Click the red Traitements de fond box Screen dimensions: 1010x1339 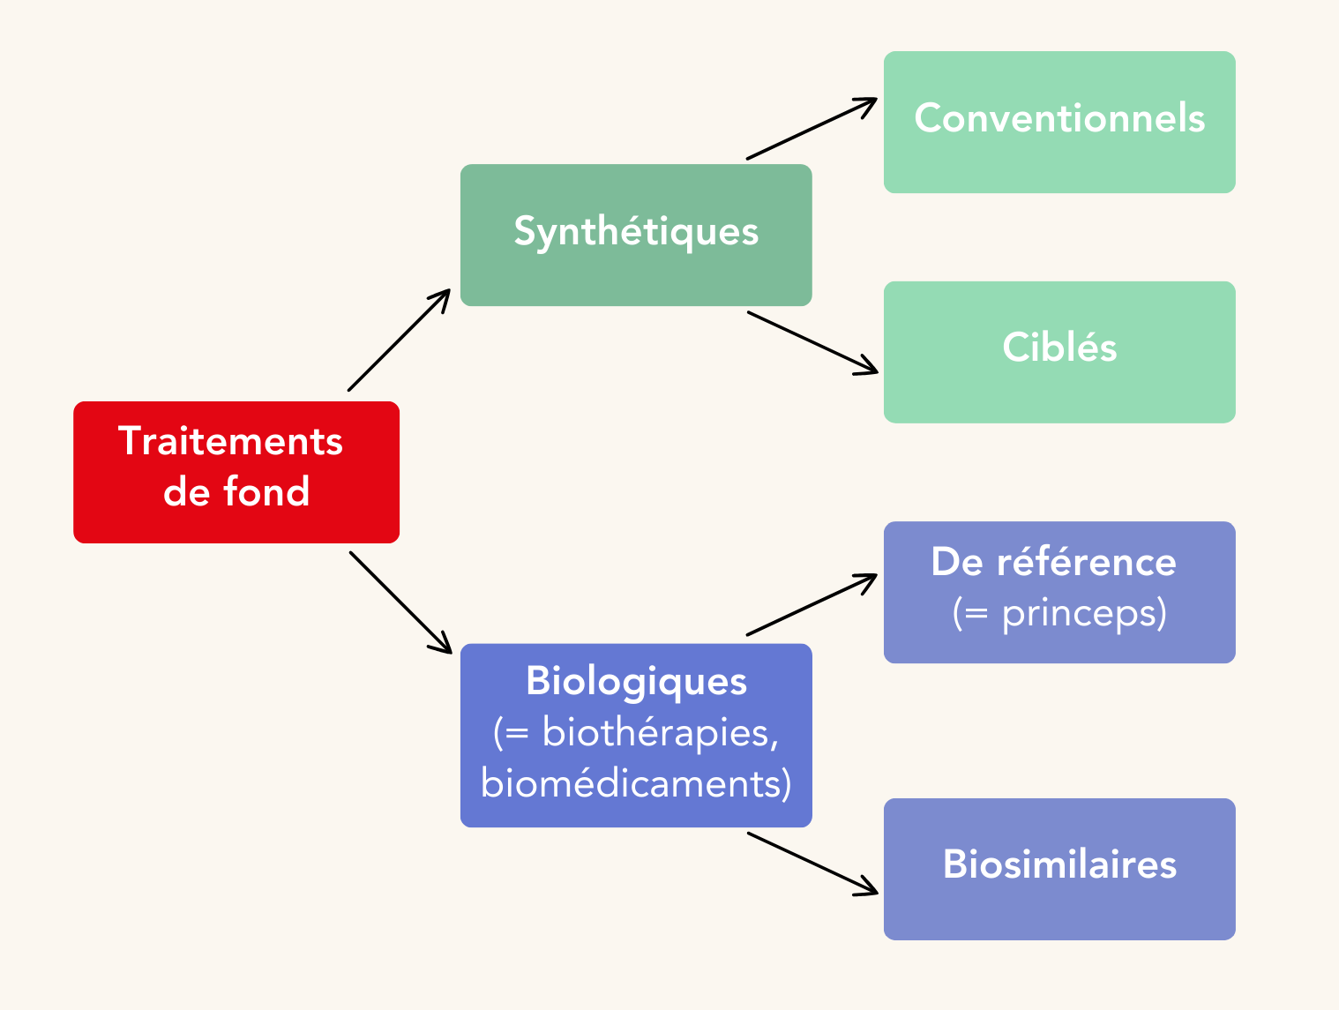236,472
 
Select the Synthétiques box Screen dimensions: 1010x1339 636,235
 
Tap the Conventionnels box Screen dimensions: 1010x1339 1059,122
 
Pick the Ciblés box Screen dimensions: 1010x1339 1059,352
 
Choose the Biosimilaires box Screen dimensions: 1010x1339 1059,869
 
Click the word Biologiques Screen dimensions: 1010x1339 636,682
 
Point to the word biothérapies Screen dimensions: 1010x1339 658,733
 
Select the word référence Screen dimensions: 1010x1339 1087,563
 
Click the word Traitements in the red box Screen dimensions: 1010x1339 230,441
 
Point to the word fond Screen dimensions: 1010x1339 266,492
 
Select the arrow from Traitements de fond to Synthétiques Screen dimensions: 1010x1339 399,340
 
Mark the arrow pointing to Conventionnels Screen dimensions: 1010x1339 812,129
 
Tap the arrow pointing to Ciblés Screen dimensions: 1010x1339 812,342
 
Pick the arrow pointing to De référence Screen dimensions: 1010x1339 812,605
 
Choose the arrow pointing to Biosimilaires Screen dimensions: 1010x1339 812,863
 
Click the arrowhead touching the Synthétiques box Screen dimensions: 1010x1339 442,297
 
